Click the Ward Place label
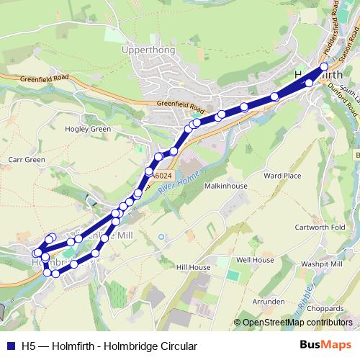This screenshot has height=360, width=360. coord(282,175)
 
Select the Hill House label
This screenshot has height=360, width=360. coord(192,267)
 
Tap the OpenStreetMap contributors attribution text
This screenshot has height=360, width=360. coord(297,323)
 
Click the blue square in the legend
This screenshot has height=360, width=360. coord(10,346)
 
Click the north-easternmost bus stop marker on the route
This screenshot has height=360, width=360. coord(324,67)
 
